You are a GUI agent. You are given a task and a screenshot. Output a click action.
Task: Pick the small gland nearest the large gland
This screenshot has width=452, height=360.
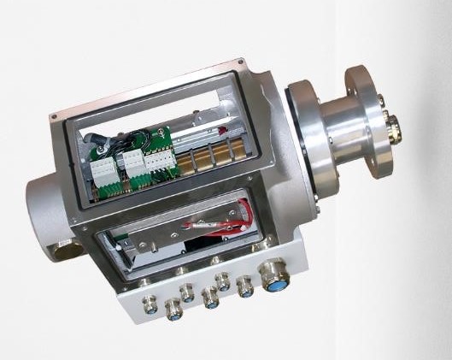pos(246,290)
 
